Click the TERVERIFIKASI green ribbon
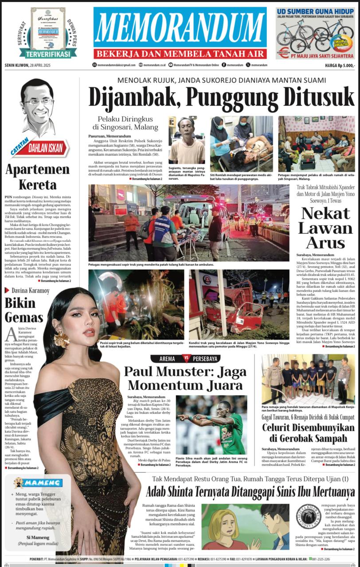tap(42, 54)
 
